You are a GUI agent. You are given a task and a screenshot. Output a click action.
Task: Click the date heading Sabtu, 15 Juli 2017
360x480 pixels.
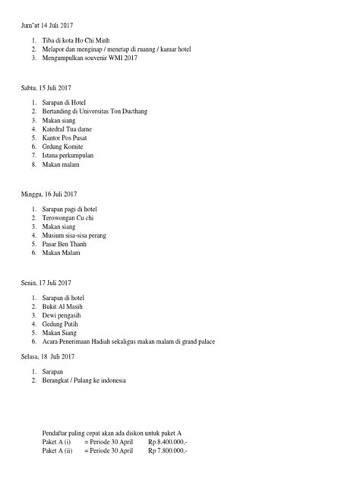(50, 88)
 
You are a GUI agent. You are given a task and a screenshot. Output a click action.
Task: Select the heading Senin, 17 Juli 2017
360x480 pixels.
(50, 283)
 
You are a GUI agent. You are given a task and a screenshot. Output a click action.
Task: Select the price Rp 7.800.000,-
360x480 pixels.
(167, 449)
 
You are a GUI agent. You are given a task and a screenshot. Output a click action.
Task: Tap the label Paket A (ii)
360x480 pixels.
(58, 449)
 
